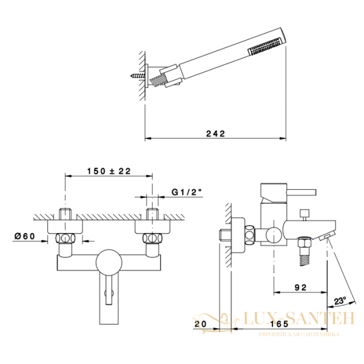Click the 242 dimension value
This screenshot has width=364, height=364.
pyautogui.click(x=215, y=133)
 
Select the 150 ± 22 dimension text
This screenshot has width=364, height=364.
pyautogui.click(x=109, y=171)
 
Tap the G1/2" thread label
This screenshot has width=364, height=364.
pyautogui.click(x=186, y=192)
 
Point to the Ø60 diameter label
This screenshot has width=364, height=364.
pyautogui.click(x=25, y=236)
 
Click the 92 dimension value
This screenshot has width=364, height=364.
pyautogui.click(x=301, y=288)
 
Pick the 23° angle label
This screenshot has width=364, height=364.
pyautogui.click(x=340, y=301)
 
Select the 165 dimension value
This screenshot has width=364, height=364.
pyautogui.click(x=279, y=324)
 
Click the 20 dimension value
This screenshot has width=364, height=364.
pyautogui.click(x=200, y=324)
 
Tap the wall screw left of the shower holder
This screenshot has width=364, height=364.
pyautogui.click(x=138, y=75)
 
